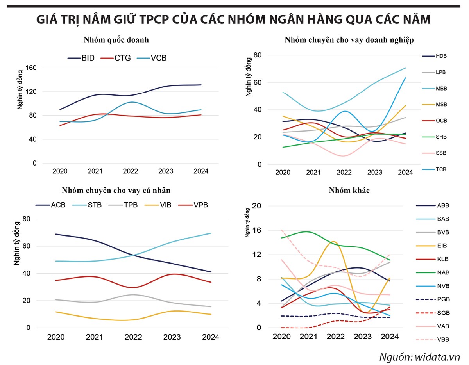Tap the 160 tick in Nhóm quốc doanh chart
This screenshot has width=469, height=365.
[31, 68]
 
